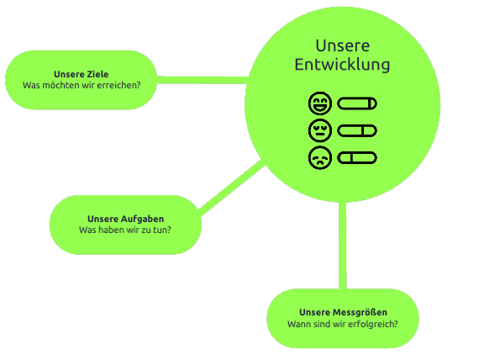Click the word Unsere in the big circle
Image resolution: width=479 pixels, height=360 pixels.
pos(343,46)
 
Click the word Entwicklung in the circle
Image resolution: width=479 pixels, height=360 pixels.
pos(342,65)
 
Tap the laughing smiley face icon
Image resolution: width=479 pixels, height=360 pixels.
pos(320,103)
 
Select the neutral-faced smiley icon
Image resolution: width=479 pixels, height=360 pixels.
pos(320,130)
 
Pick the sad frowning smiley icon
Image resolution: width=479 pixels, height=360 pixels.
pos(320,158)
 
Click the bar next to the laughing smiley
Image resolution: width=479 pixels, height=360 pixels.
pos(357,103)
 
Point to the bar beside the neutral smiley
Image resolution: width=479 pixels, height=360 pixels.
pos(357,130)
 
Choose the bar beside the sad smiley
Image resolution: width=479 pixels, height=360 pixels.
pos(357,158)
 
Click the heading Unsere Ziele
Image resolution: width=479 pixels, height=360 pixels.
pos(81,74)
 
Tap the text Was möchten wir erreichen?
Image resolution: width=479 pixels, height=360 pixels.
pos(82,85)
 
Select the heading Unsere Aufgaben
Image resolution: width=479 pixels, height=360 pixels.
pos(125,219)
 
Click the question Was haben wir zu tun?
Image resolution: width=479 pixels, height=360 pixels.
pos(125,230)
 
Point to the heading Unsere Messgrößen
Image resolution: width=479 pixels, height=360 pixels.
pos(343,313)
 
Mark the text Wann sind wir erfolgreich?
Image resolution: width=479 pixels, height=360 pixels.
pos(343,324)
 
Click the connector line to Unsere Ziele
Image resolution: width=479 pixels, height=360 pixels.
pos(203,80)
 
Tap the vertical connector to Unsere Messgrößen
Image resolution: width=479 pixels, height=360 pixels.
pos(343,246)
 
